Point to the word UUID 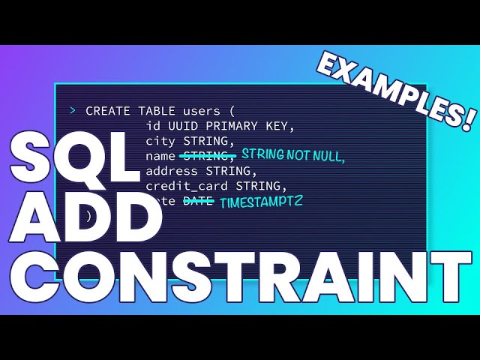point(180,126)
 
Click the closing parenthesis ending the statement point(89,216)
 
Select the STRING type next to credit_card point(258,186)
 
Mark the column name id point(153,126)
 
